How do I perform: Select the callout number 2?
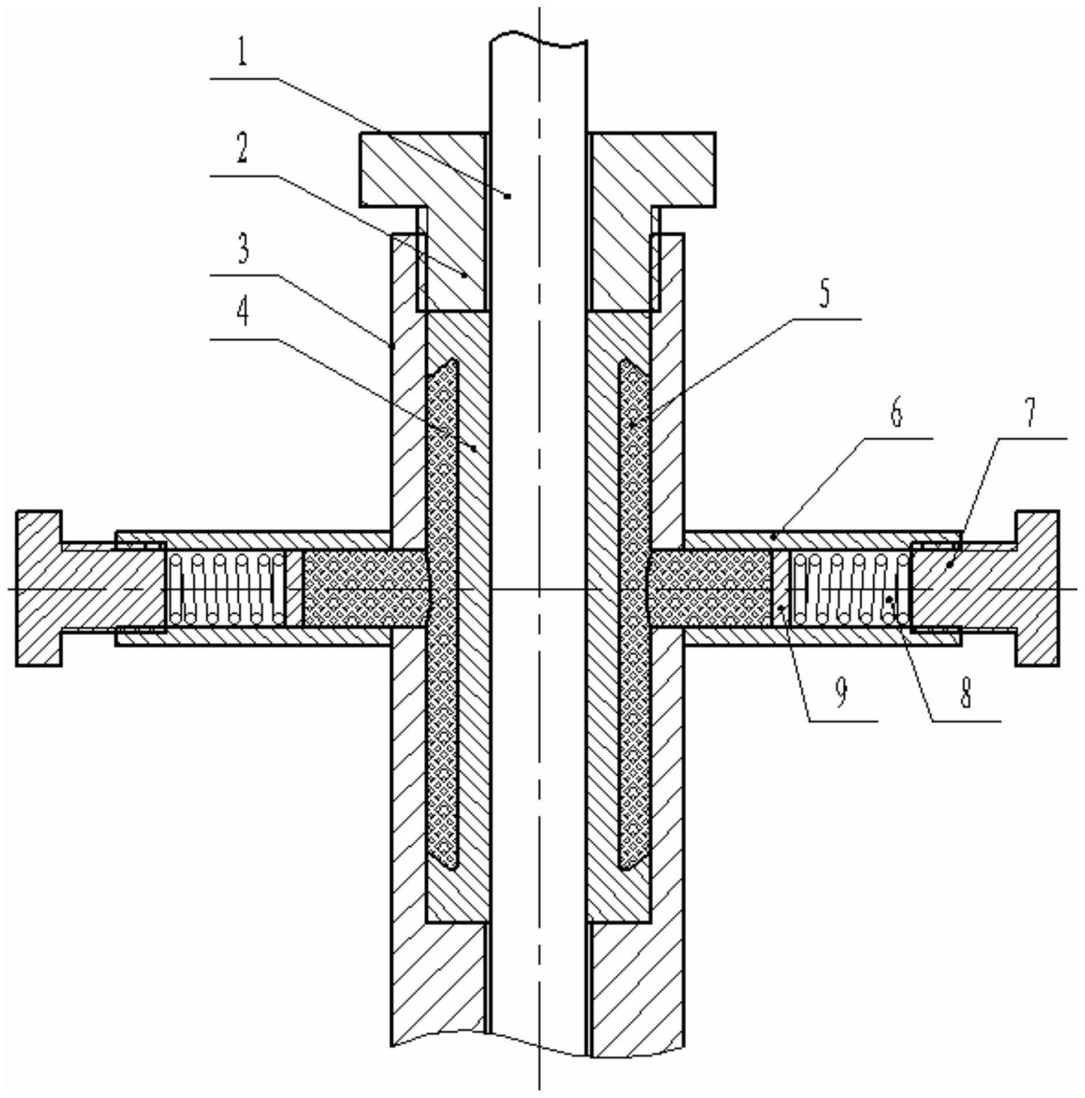point(241,147)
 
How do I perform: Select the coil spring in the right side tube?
point(850,588)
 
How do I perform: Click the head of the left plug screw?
point(39,588)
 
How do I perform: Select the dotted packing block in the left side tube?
point(363,588)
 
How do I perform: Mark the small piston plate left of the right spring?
point(781,588)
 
